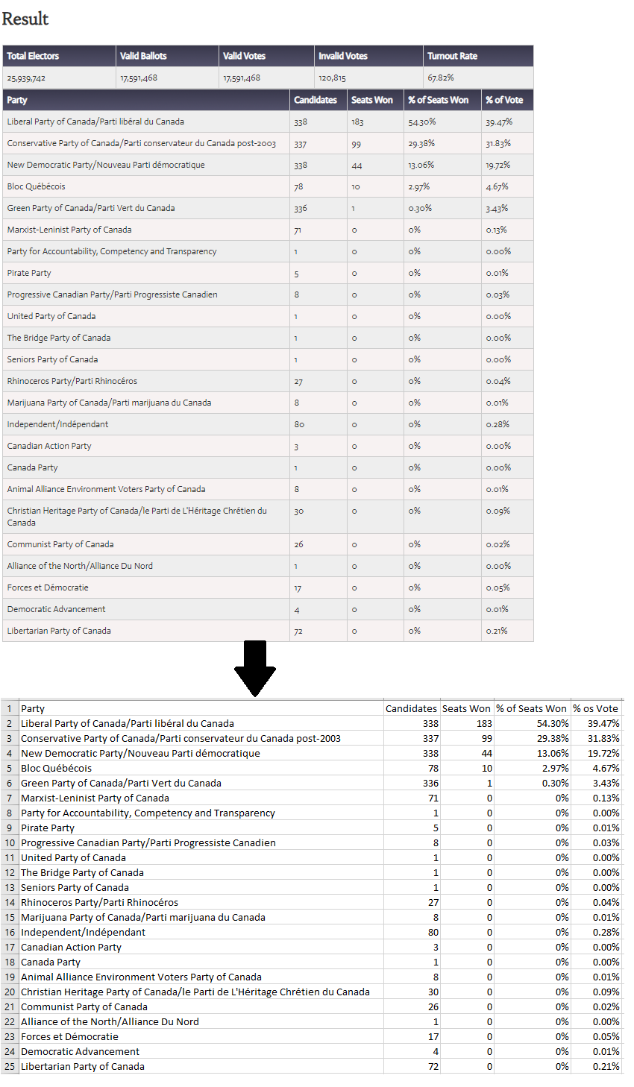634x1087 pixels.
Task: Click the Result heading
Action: click(x=25, y=19)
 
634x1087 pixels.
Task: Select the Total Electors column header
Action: click(x=33, y=56)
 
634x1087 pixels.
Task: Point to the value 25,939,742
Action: click(x=26, y=78)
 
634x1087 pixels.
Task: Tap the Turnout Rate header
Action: click(x=452, y=56)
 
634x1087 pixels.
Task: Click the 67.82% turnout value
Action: click(x=440, y=78)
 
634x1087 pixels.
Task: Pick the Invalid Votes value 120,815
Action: click(x=332, y=78)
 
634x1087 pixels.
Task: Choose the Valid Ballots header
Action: click(x=143, y=56)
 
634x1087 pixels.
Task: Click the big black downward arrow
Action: click(x=255, y=670)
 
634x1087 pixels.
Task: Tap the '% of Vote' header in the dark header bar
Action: click(x=504, y=100)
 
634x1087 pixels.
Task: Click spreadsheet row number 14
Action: click(x=10, y=902)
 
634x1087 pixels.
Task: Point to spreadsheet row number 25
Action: click(x=10, y=1066)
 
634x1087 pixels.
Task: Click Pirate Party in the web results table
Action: click(x=29, y=273)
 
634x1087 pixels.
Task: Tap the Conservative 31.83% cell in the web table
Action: click(x=498, y=143)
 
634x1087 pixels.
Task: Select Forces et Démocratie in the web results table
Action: click(x=48, y=587)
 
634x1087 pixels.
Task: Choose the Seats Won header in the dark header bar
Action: click(x=371, y=100)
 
